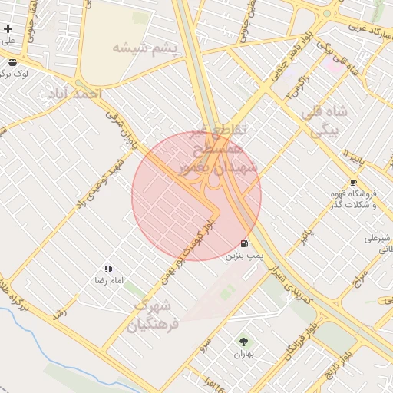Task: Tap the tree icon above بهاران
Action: (x=243, y=341)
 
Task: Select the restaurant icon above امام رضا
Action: (x=108, y=269)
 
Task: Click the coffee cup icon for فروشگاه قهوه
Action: (x=352, y=182)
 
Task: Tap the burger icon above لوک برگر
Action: (x=13, y=62)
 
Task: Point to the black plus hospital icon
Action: (x=8, y=28)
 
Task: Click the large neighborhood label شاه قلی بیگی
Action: (x=328, y=121)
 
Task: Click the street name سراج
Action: (x=358, y=279)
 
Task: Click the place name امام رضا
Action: (x=108, y=282)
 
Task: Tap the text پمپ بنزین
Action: (x=244, y=256)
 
